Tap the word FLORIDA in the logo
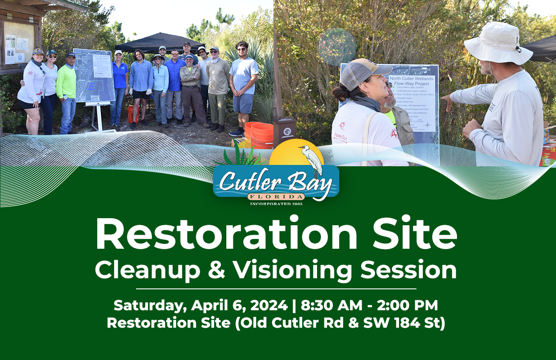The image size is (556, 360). [x=276, y=197]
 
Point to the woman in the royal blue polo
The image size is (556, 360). [x=119, y=87]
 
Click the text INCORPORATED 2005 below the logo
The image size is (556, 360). [x=276, y=203]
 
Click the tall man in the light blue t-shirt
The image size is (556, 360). [x=243, y=87]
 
